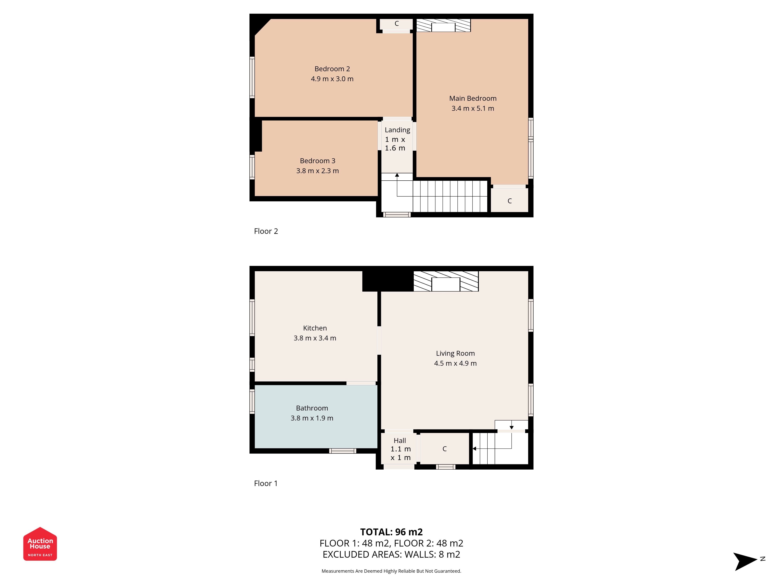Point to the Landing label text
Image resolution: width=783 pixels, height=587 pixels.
397,130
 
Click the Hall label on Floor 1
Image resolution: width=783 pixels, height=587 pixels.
400,440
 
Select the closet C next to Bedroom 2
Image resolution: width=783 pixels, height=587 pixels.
396,24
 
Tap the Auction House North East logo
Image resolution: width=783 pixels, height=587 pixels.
40,544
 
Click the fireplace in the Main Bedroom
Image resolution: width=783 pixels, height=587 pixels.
443,25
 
